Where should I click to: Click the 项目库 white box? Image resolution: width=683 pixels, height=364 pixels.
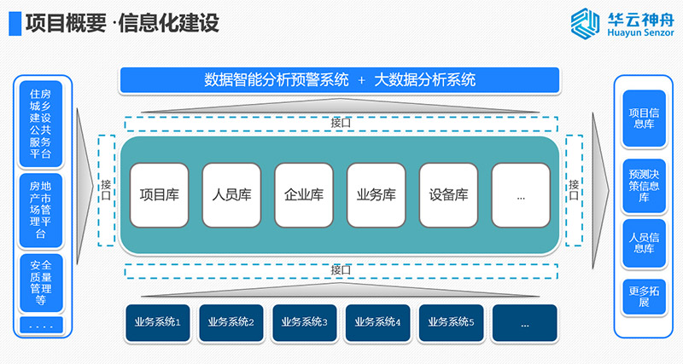tap(159, 194)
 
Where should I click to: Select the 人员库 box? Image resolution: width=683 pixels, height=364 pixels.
tap(231, 194)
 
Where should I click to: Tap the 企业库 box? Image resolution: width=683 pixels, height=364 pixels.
tap(303, 194)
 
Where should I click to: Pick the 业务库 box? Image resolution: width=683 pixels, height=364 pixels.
tap(376, 194)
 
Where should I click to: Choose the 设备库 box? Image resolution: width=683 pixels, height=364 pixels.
tap(448, 194)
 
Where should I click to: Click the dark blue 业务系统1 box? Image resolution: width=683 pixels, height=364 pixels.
tap(158, 323)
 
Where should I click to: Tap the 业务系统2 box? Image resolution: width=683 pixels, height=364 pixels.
tap(231, 323)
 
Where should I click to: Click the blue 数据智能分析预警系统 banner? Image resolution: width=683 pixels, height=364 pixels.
tap(340, 80)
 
